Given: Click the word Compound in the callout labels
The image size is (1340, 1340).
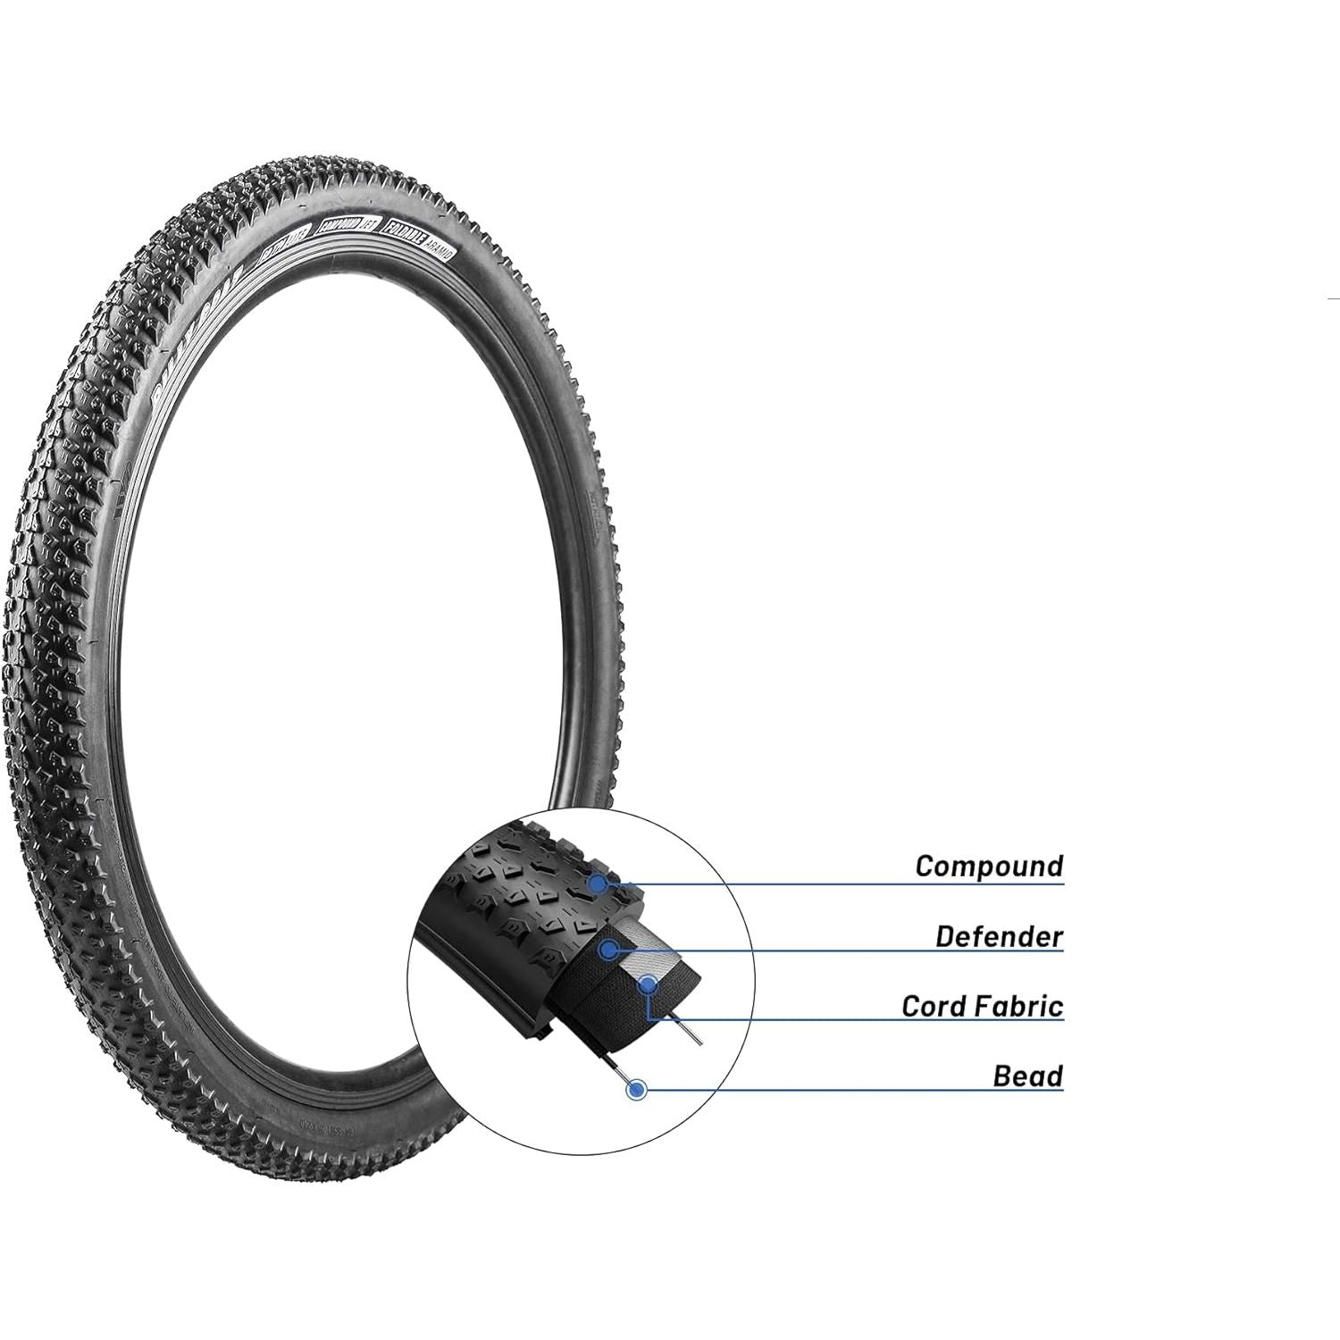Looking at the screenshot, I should [989, 866].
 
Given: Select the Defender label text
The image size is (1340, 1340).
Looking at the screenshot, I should [999, 936].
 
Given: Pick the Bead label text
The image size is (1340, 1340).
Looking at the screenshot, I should [1027, 1076].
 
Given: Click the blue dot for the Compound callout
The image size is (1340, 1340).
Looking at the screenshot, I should [599, 884].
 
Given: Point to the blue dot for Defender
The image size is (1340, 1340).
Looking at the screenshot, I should [608, 950].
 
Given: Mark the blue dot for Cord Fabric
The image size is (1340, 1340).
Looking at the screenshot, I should [647, 985].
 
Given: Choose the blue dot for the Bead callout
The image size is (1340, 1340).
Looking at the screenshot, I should [637, 1089].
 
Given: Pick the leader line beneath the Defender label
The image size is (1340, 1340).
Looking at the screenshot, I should [840, 951].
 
